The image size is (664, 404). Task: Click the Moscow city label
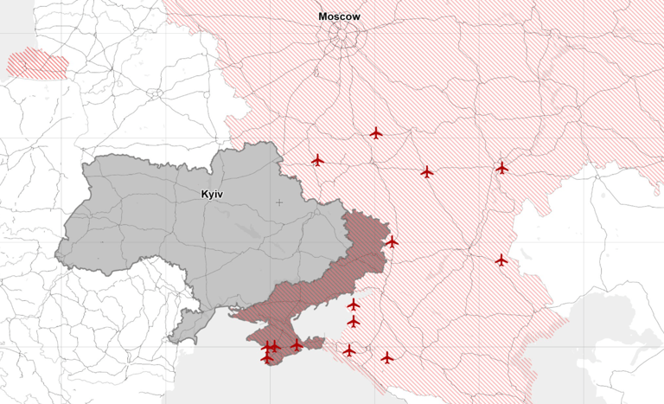point(339,16)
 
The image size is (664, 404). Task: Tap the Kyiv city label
point(212,195)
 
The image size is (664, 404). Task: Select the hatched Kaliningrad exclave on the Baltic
point(37,64)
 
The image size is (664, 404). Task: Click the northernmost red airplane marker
point(376,133)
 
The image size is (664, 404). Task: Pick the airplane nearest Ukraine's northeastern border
point(317,160)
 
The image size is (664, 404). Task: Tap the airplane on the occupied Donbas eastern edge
point(392,242)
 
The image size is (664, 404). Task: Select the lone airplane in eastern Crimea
point(297,345)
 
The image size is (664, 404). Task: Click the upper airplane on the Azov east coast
point(353,305)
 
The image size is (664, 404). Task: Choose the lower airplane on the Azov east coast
point(353,322)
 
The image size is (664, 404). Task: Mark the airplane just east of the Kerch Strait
point(348,350)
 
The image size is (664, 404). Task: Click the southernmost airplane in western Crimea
point(267,357)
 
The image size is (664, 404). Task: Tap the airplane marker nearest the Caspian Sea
point(501,260)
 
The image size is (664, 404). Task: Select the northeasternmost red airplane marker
point(501,168)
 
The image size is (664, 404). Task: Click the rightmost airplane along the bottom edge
point(386,357)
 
